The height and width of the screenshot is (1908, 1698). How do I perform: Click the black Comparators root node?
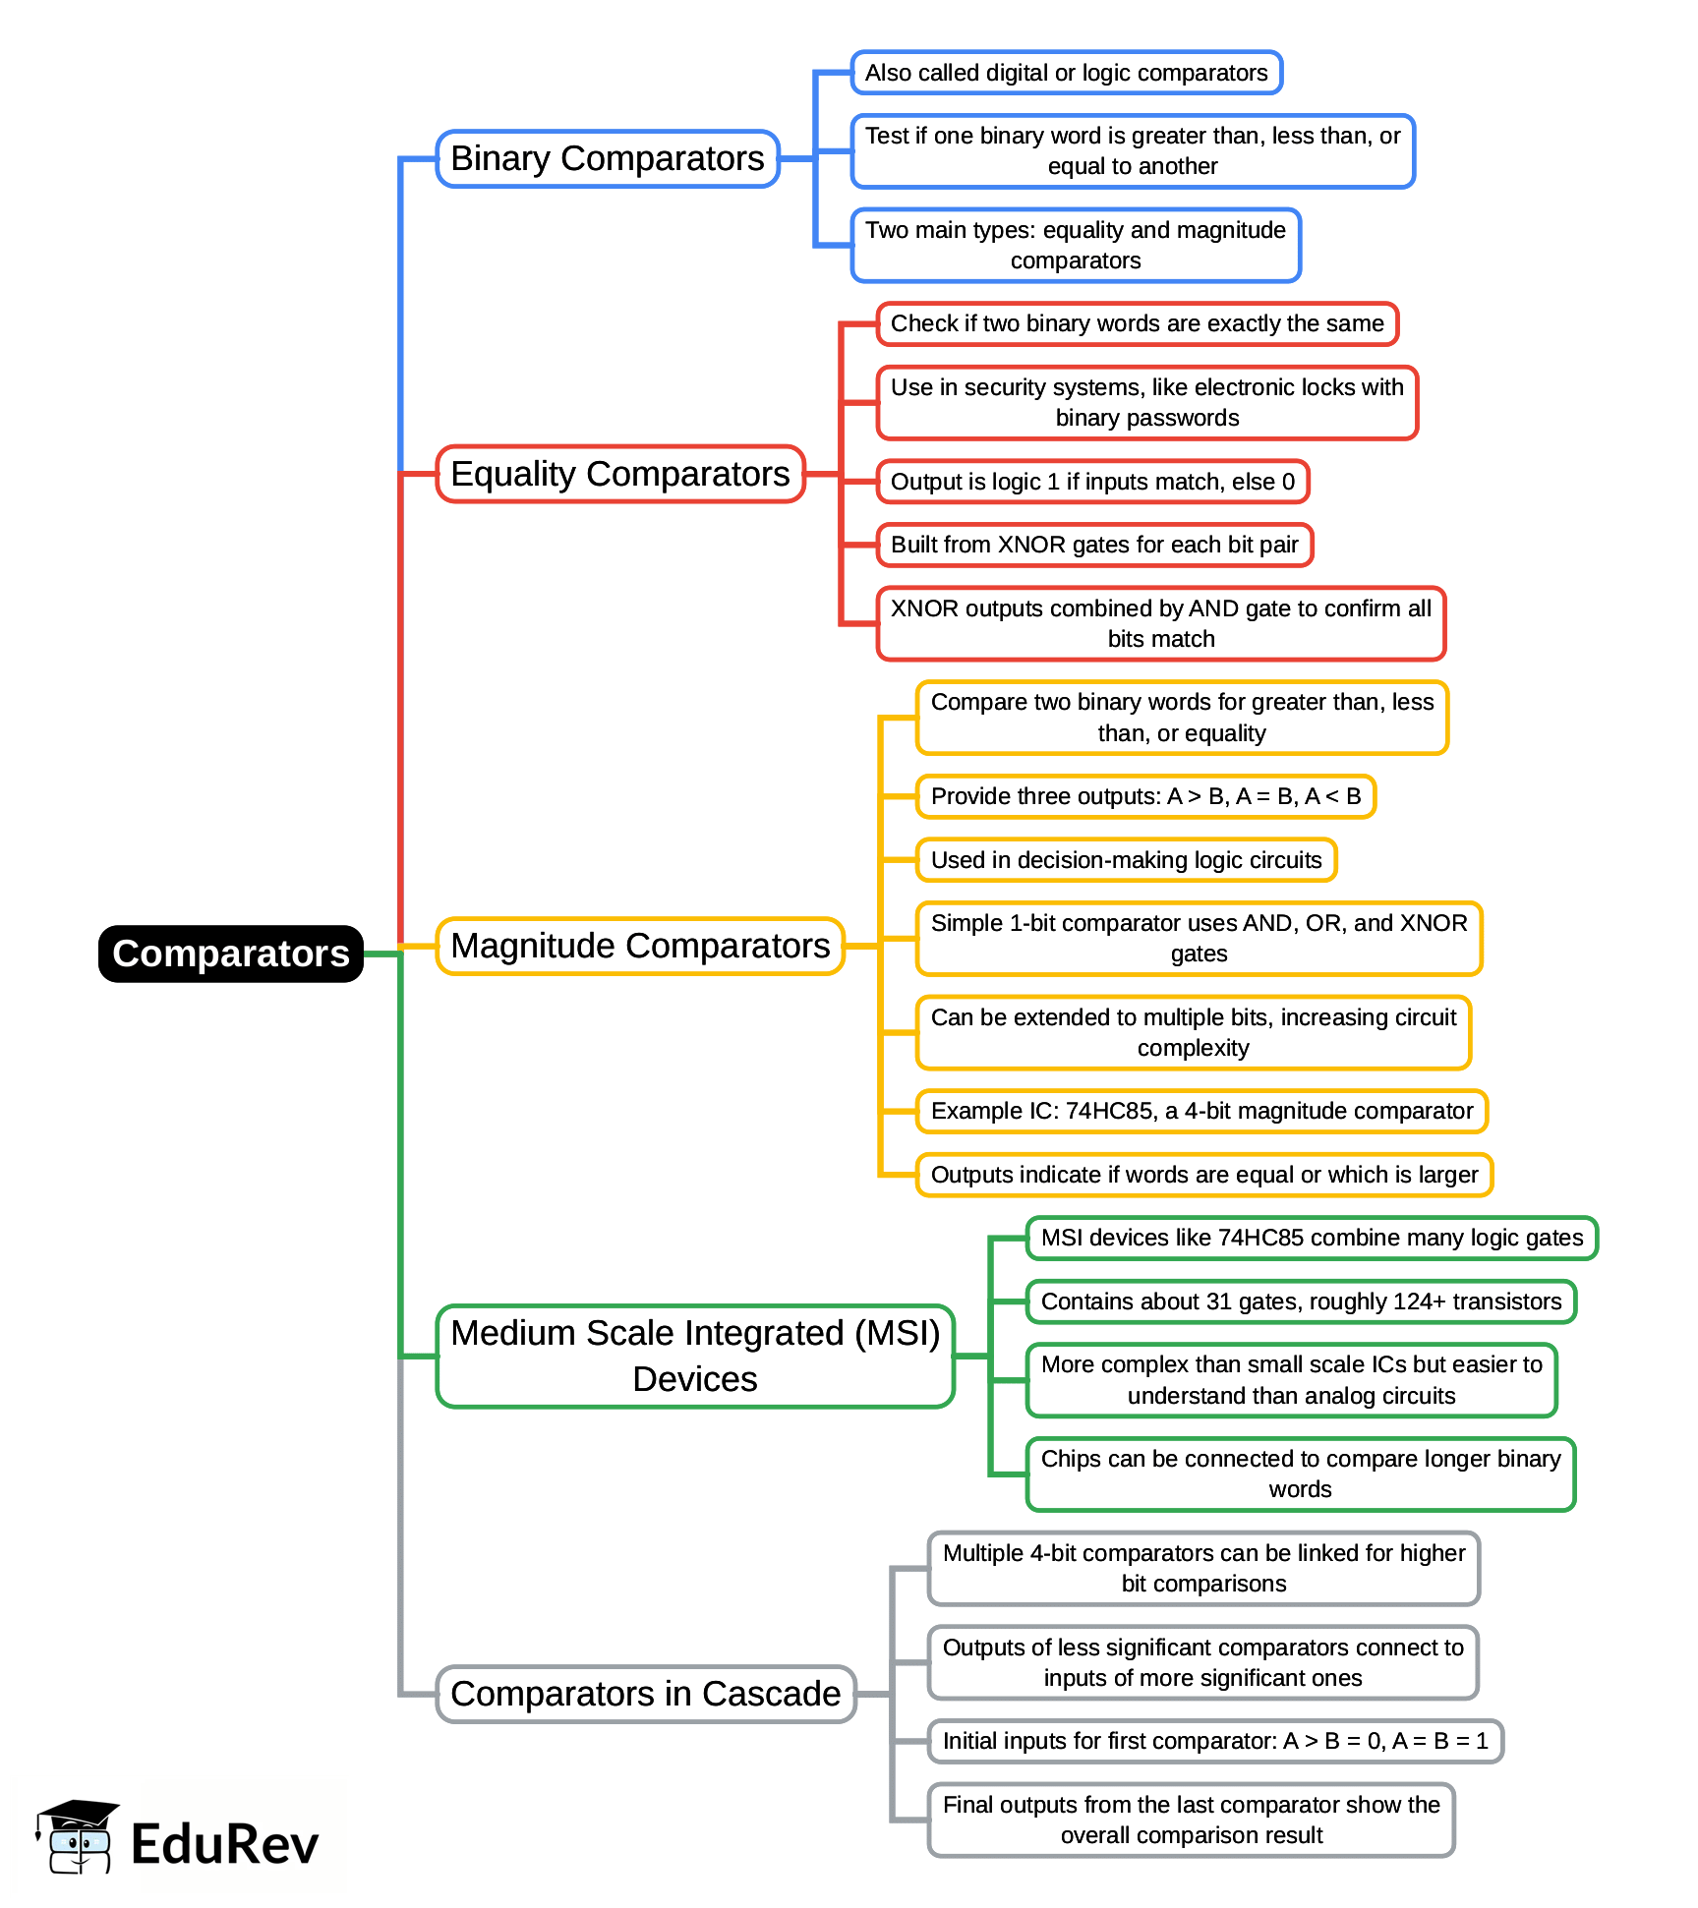(x=230, y=954)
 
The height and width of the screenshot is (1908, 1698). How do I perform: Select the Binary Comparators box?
(x=607, y=158)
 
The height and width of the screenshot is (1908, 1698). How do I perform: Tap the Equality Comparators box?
(x=619, y=474)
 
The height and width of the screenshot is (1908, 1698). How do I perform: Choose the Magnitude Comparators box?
(x=640, y=946)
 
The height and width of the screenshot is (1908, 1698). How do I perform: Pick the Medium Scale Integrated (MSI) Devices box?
(x=695, y=1356)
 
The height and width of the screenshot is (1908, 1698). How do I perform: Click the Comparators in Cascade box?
(x=645, y=1694)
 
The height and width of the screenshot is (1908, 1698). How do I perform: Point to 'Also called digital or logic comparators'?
(x=1066, y=73)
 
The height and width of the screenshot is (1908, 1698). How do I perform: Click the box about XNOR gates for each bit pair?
(x=1094, y=545)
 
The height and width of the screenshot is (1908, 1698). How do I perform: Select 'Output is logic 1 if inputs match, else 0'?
(x=1092, y=482)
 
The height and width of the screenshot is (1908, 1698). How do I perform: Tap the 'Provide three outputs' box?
(x=1145, y=796)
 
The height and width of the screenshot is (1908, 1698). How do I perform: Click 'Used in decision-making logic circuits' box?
(x=1126, y=860)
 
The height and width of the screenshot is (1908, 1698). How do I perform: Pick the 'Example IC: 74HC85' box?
(x=1201, y=1111)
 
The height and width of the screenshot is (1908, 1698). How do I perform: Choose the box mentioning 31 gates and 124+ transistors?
(x=1301, y=1301)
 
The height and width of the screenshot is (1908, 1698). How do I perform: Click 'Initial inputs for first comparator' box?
(x=1215, y=1741)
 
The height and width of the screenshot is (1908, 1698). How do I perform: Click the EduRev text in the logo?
(x=224, y=1844)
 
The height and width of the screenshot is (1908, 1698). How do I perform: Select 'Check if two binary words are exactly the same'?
(x=1137, y=323)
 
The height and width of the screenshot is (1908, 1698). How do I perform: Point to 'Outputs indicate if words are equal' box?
(x=1204, y=1175)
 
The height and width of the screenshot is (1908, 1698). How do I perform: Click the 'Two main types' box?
(x=1076, y=245)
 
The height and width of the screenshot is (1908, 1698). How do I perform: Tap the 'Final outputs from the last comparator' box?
(x=1191, y=1820)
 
